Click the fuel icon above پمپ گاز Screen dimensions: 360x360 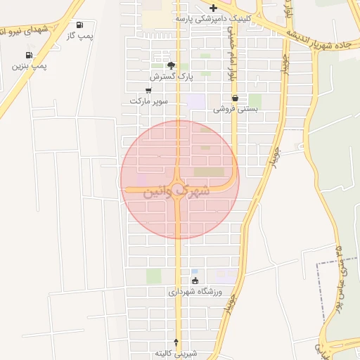point(79,25)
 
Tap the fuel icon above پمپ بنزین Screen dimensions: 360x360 point(29,55)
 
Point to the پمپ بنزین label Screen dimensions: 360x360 point(29,65)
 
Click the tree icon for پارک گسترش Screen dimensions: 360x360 point(171,65)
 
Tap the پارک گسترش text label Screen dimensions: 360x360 point(171,75)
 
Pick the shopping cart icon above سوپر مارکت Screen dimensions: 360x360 point(148,91)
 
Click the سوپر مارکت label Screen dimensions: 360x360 point(148,101)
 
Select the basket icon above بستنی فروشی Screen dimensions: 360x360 point(235,98)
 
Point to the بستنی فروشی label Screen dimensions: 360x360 point(236,109)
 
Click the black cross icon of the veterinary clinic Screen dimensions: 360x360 point(214,8)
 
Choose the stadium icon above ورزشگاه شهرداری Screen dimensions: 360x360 point(195,281)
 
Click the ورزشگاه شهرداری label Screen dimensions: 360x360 point(195,291)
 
